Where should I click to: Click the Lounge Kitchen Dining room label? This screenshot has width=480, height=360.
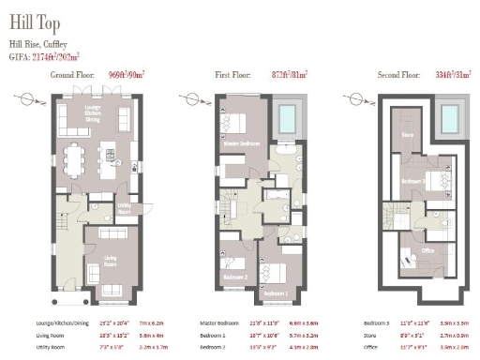(x=93, y=116)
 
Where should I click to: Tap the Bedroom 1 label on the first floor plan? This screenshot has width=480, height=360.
(x=276, y=293)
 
